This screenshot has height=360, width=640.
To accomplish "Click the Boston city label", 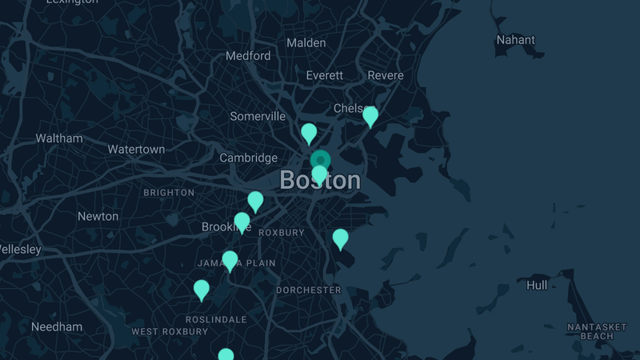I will pos(320,181).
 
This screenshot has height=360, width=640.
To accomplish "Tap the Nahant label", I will pos(516,39).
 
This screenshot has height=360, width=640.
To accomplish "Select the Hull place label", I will pos(537,285).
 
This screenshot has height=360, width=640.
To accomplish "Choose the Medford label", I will pos(248,56).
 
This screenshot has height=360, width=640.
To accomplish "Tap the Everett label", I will pos(325,75).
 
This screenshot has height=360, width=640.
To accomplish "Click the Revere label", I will pos(386,75).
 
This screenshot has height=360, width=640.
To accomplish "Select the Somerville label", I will pos(258,116).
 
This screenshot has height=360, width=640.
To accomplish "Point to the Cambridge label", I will pos(249,158).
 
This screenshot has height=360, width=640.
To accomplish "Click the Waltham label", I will pos(59,138).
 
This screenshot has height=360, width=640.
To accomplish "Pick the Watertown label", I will pos(136,150).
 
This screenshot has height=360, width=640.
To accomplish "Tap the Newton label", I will pos(98,216).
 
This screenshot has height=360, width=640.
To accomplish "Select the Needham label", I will pos(57,326).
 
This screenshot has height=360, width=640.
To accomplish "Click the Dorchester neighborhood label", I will pos(309,290).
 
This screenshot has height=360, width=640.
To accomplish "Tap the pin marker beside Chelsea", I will pos(370,116).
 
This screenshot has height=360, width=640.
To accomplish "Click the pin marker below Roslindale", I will pos(226,355).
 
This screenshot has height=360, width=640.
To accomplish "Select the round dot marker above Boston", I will pos(320,160).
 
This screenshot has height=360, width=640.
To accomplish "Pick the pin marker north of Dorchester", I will pos(341,238).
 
